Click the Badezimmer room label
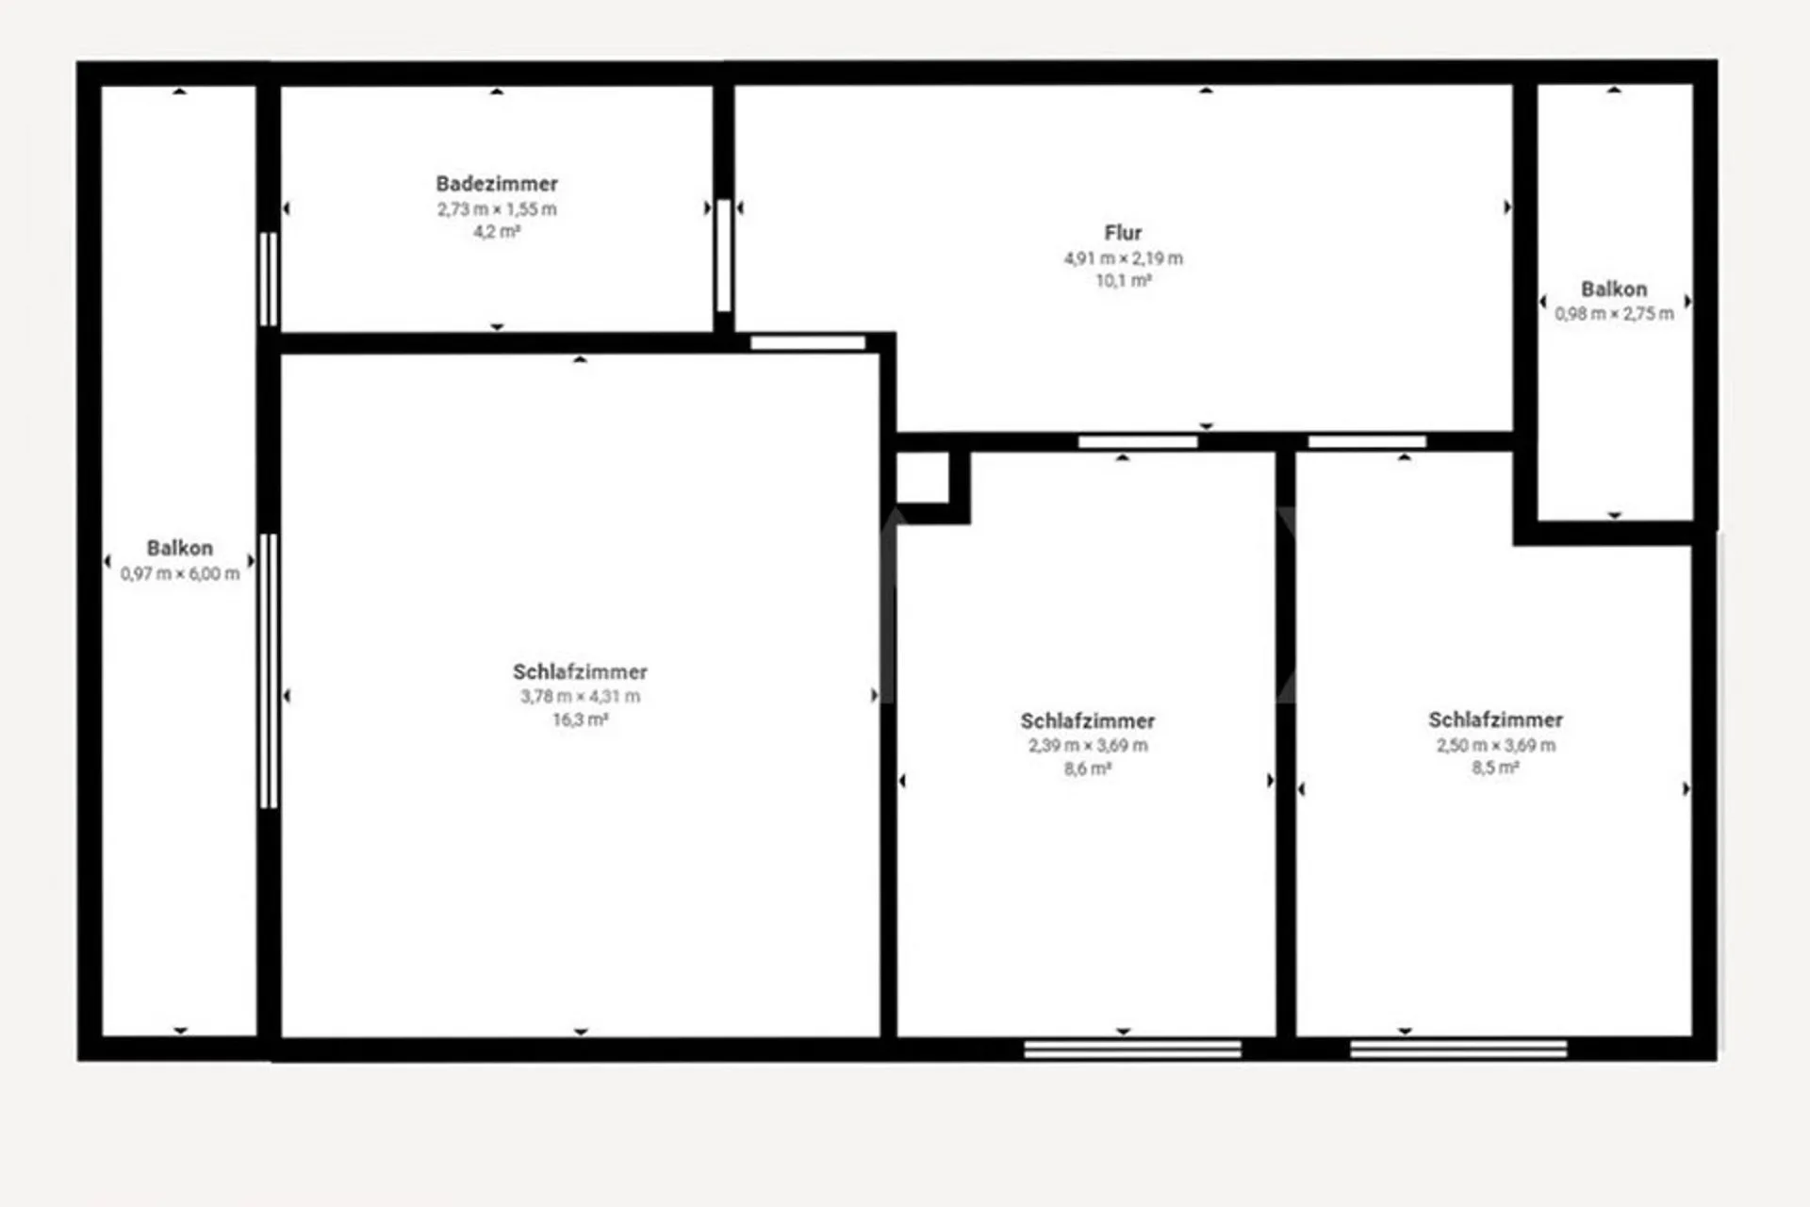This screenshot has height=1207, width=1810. (x=497, y=184)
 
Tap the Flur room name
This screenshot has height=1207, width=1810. (x=1123, y=233)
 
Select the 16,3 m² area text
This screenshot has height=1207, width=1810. (x=580, y=719)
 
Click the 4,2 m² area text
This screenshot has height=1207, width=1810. (x=497, y=232)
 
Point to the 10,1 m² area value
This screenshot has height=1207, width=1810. (x=1123, y=280)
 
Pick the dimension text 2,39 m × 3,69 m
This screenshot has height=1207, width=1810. (x=1088, y=745)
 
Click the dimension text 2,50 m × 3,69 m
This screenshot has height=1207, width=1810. (x=1496, y=745)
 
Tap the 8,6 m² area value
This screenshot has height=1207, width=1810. (x=1088, y=769)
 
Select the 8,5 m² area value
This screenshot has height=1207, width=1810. (x=1496, y=768)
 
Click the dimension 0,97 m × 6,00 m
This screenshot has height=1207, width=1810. (x=180, y=573)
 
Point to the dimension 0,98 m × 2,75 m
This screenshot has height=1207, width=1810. (x=1615, y=314)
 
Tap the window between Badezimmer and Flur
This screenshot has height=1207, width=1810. (x=723, y=255)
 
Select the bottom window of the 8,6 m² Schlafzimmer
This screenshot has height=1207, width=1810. (x=1133, y=1050)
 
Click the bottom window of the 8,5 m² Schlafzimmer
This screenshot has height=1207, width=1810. (x=1458, y=1049)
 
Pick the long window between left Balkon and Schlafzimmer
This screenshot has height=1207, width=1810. (x=269, y=670)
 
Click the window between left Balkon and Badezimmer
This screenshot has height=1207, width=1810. (x=269, y=279)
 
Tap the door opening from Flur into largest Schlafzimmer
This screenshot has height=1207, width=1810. (x=808, y=342)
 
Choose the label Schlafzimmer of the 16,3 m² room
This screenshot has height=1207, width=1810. (x=580, y=672)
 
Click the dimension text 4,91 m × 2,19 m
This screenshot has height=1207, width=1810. (x=1123, y=258)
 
